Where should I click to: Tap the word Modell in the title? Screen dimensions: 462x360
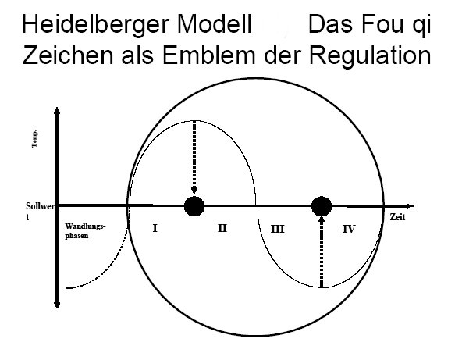tap(214, 24)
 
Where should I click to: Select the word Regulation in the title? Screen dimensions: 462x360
tap(370, 56)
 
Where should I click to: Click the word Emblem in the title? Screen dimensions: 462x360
tap(209, 55)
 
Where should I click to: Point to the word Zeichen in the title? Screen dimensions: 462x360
tap(68, 55)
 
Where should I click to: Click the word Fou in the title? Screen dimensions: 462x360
tap(382, 24)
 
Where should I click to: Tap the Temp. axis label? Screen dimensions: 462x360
tap(35, 138)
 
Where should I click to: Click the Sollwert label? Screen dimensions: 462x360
tap(40, 211)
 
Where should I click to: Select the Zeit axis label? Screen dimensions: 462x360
tap(397, 217)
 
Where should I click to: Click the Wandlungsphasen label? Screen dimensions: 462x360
tap(85, 231)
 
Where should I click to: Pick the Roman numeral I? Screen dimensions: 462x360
tap(155, 228)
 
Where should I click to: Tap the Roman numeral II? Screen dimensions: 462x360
tap(222, 227)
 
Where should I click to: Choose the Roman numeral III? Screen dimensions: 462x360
tap(277, 229)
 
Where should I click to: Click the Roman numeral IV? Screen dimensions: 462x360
tap(349, 229)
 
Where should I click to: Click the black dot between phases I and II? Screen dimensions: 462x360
tap(194, 206)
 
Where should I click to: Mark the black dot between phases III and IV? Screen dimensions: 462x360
tap(322, 206)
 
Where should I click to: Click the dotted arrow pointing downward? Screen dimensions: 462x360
tap(194, 157)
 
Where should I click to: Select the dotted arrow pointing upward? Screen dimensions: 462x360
tap(322, 252)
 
